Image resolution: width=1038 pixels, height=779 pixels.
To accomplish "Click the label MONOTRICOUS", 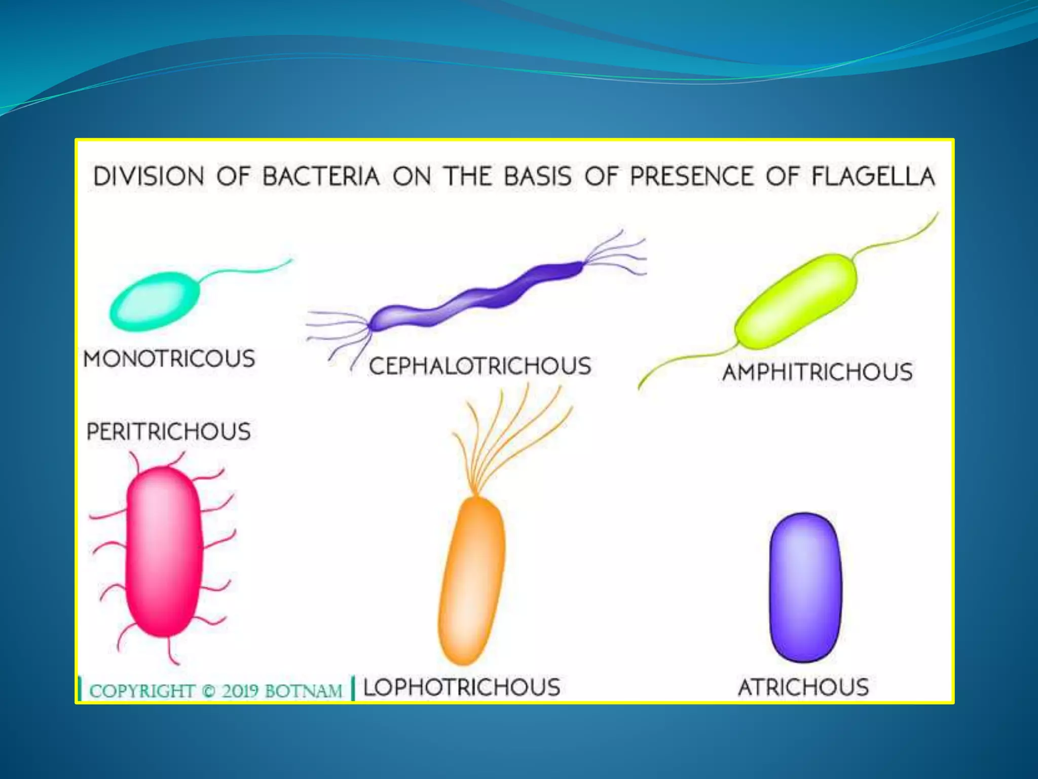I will [169, 359].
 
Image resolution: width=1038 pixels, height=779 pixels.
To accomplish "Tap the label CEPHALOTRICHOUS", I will [479, 366].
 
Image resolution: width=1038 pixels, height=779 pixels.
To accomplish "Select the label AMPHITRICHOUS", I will [817, 372].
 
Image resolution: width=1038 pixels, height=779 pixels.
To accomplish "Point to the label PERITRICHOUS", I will [168, 432].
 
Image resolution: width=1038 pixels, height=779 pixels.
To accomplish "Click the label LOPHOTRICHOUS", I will [461, 687].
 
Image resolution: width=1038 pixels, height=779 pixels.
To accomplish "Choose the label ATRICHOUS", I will [803, 687].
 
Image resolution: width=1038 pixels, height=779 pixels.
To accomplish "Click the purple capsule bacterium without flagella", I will [805, 587].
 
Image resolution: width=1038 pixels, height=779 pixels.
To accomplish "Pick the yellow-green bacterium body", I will [796, 302].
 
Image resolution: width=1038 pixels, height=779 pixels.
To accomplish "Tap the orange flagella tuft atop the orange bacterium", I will [507, 436].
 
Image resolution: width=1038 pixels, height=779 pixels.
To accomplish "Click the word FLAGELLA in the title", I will [873, 176].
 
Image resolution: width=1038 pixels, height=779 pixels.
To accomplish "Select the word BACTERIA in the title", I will [321, 176].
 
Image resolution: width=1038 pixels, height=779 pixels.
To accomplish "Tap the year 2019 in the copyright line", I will [239, 691].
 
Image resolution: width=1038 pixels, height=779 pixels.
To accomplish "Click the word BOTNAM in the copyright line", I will [303, 691].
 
